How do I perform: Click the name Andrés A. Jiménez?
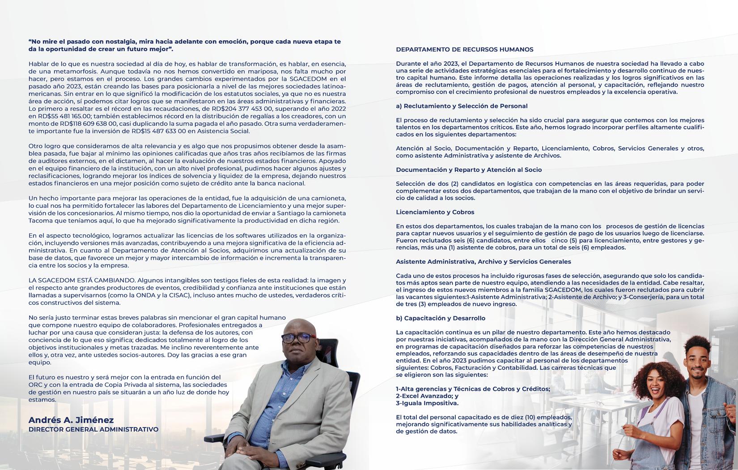[x=71, y=420]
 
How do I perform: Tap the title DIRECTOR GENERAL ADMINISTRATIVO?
[x=93, y=430]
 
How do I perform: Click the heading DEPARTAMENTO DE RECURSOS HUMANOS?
[x=464, y=50]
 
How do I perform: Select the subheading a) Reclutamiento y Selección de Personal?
[x=462, y=106]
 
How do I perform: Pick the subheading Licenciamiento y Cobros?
[x=435, y=212]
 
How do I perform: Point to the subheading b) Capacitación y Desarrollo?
[x=441, y=318]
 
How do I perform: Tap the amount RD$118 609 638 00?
[x=89, y=124]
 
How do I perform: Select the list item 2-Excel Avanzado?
[x=427, y=396]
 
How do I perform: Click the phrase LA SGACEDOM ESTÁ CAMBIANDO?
[x=82, y=280]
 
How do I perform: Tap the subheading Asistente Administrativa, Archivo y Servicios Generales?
[x=483, y=261]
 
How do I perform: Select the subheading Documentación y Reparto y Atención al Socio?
[x=469, y=170]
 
